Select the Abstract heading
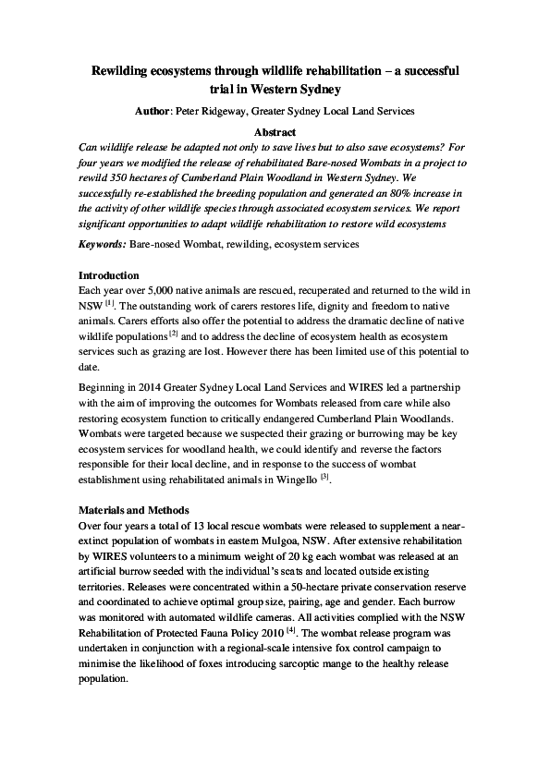coord(275,132)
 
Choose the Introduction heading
coord(109,275)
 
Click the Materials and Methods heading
coord(135,509)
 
